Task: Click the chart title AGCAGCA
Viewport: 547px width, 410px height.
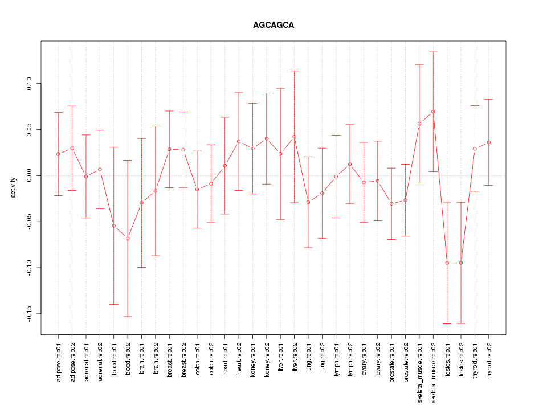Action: pos(273,26)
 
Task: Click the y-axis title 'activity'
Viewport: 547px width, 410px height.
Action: pos(13,187)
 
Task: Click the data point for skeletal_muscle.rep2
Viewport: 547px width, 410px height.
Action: pos(433,112)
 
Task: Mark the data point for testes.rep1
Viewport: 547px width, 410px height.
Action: pos(447,263)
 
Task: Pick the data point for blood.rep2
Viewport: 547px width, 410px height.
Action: pos(128,238)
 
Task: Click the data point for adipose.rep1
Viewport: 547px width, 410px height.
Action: pos(58,154)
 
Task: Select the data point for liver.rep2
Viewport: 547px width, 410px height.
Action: pos(295,137)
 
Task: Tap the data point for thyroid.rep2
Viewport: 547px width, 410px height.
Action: pos(489,142)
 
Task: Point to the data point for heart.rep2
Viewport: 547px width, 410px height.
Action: pos(239,141)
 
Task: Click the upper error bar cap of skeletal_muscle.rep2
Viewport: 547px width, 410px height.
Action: pos(433,52)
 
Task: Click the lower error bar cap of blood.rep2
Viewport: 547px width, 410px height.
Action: pos(128,317)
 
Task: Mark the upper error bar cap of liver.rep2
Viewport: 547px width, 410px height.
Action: pos(295,71)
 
